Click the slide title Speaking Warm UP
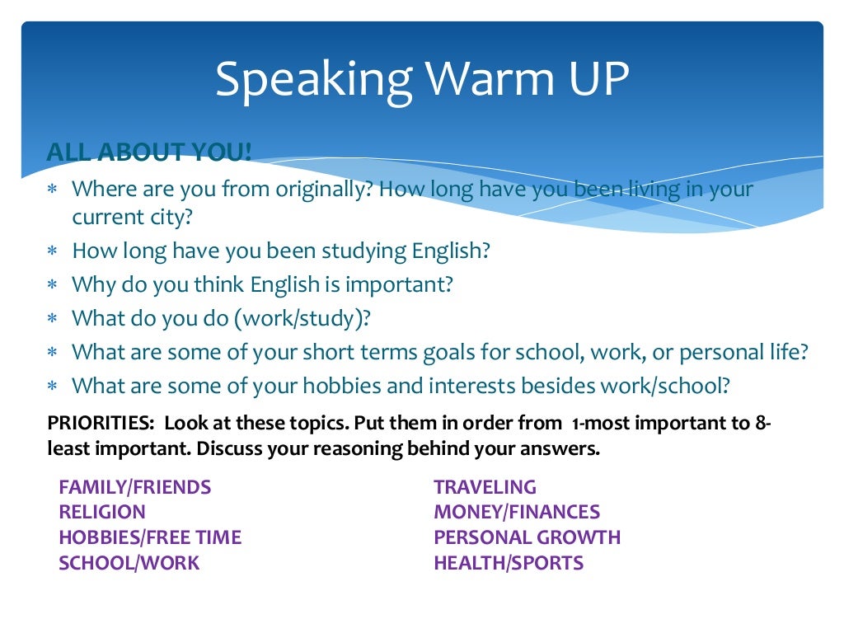pyautogui.click(x=422, y=79)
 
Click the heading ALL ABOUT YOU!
pyautogui.click(x=149, y=152)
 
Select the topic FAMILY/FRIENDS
pyautogui.click(x=135, y=487)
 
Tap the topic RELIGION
pyautogui.click(x=102, y=513)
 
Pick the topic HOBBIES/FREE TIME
pyautogui.click(x=150, y=538)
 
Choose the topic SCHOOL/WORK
pyautogui.click(x=129, y=564)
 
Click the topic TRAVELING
pyautogui.click(x=485, y=487)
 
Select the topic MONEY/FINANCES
pyautogui.click(x=517, y=513)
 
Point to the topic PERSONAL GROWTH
pyautogui.click(x=527, y=538)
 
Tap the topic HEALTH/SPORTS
pyautogui.click(x=509, y=564)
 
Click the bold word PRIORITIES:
pyautogui.click(x=101, y=424)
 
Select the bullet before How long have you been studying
pyautogui.click(x=52, y=251)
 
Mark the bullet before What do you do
pyautogui.click(x=52, y=319)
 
